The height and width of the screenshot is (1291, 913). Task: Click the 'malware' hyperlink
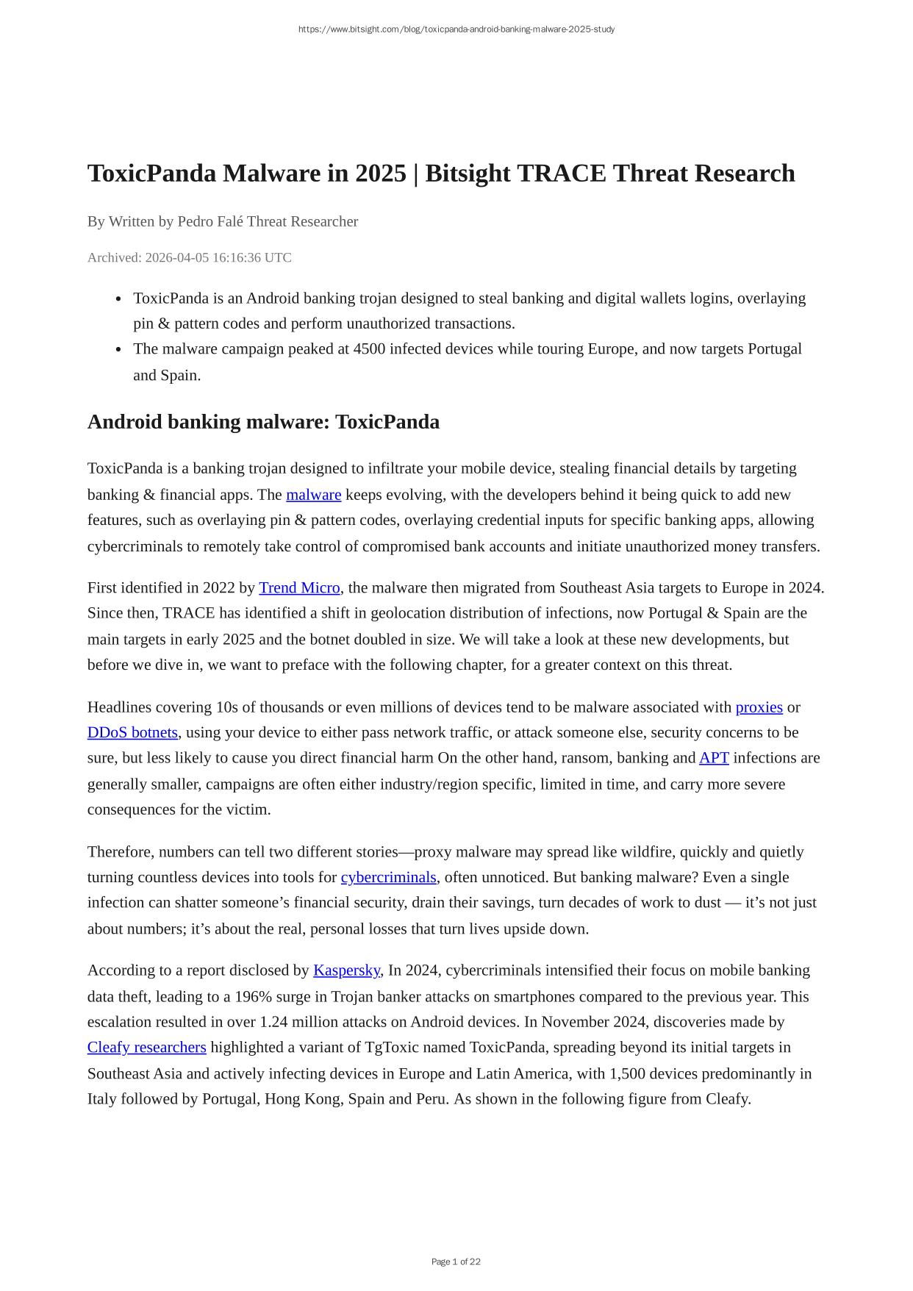coord(313,495)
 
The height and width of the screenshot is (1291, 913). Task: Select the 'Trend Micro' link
coord(299,587)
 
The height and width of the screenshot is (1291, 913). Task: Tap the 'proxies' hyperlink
coord(759,707)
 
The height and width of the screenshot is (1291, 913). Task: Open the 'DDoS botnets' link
coord(132,732)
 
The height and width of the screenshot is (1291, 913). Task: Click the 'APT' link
coord(713,758)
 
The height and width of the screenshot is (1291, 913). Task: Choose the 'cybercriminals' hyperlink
coord(388,877)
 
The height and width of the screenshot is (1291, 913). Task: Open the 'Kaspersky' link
coord(346,970)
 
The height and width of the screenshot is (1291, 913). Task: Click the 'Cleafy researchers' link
coord(146,1047)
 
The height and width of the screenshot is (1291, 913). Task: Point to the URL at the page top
coord(456,29)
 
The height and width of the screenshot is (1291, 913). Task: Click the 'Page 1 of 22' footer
coord(456,1262)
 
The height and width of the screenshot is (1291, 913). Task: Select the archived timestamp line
coord(189,257)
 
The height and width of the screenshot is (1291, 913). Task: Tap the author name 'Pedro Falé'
coord(210,221)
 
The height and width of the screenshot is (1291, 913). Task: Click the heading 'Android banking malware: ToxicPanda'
coord(263,422)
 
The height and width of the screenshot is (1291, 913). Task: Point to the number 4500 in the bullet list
coord(368,348)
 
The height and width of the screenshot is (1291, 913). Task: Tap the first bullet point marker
coord(118,298)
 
